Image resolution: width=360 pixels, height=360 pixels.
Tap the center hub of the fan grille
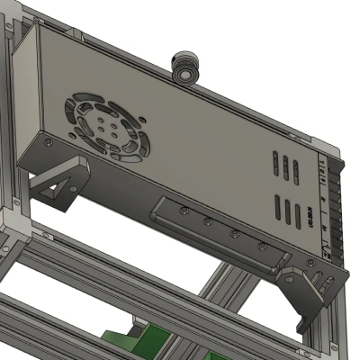pos(103,126)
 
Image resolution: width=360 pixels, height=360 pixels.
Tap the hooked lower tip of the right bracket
pos(303,324)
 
